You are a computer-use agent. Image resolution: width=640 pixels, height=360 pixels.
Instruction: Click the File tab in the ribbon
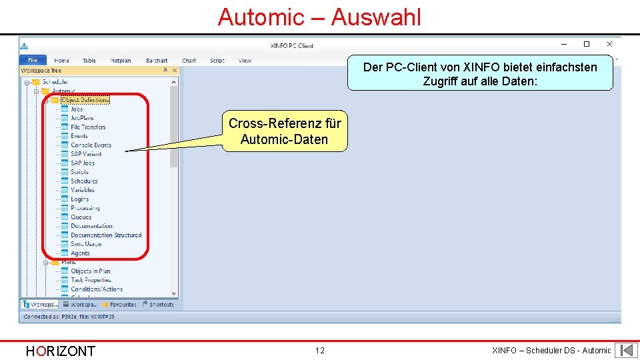click(33, 61)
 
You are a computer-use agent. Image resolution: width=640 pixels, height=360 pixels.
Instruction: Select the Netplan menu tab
click(121, 61)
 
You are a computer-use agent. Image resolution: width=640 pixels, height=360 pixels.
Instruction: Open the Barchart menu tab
click(157, 61)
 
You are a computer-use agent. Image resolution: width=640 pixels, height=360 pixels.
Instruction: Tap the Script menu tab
click(217, 61)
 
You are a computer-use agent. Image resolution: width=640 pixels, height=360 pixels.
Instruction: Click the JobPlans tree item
click(82, 118)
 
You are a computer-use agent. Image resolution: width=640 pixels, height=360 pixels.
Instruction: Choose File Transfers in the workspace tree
click(88, 127)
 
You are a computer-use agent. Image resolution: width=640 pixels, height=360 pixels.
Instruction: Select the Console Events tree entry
click(91, 145)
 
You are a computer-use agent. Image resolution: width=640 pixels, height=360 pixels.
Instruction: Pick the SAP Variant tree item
click(86, 154)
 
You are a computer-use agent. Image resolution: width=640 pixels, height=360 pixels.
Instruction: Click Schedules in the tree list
click(84, 181)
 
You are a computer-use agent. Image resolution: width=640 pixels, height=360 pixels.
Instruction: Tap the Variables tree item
click(83, 190)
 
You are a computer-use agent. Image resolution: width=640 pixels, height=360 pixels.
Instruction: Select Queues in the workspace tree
click(81, 217)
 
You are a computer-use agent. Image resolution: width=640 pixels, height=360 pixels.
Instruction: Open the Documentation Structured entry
click(106, 235)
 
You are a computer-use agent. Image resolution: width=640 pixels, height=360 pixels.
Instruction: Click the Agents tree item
click(80, 253)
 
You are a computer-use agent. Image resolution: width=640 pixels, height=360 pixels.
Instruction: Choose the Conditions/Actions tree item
click(97, 289)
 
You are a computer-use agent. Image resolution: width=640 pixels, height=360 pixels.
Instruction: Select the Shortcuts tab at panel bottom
click(161, 305)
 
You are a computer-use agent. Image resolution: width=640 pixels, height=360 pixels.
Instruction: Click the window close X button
click(609, 44)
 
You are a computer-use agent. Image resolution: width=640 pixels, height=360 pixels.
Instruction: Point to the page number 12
click(320, 351)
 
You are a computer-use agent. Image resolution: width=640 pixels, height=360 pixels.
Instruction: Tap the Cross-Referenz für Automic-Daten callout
click(285, 131)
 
